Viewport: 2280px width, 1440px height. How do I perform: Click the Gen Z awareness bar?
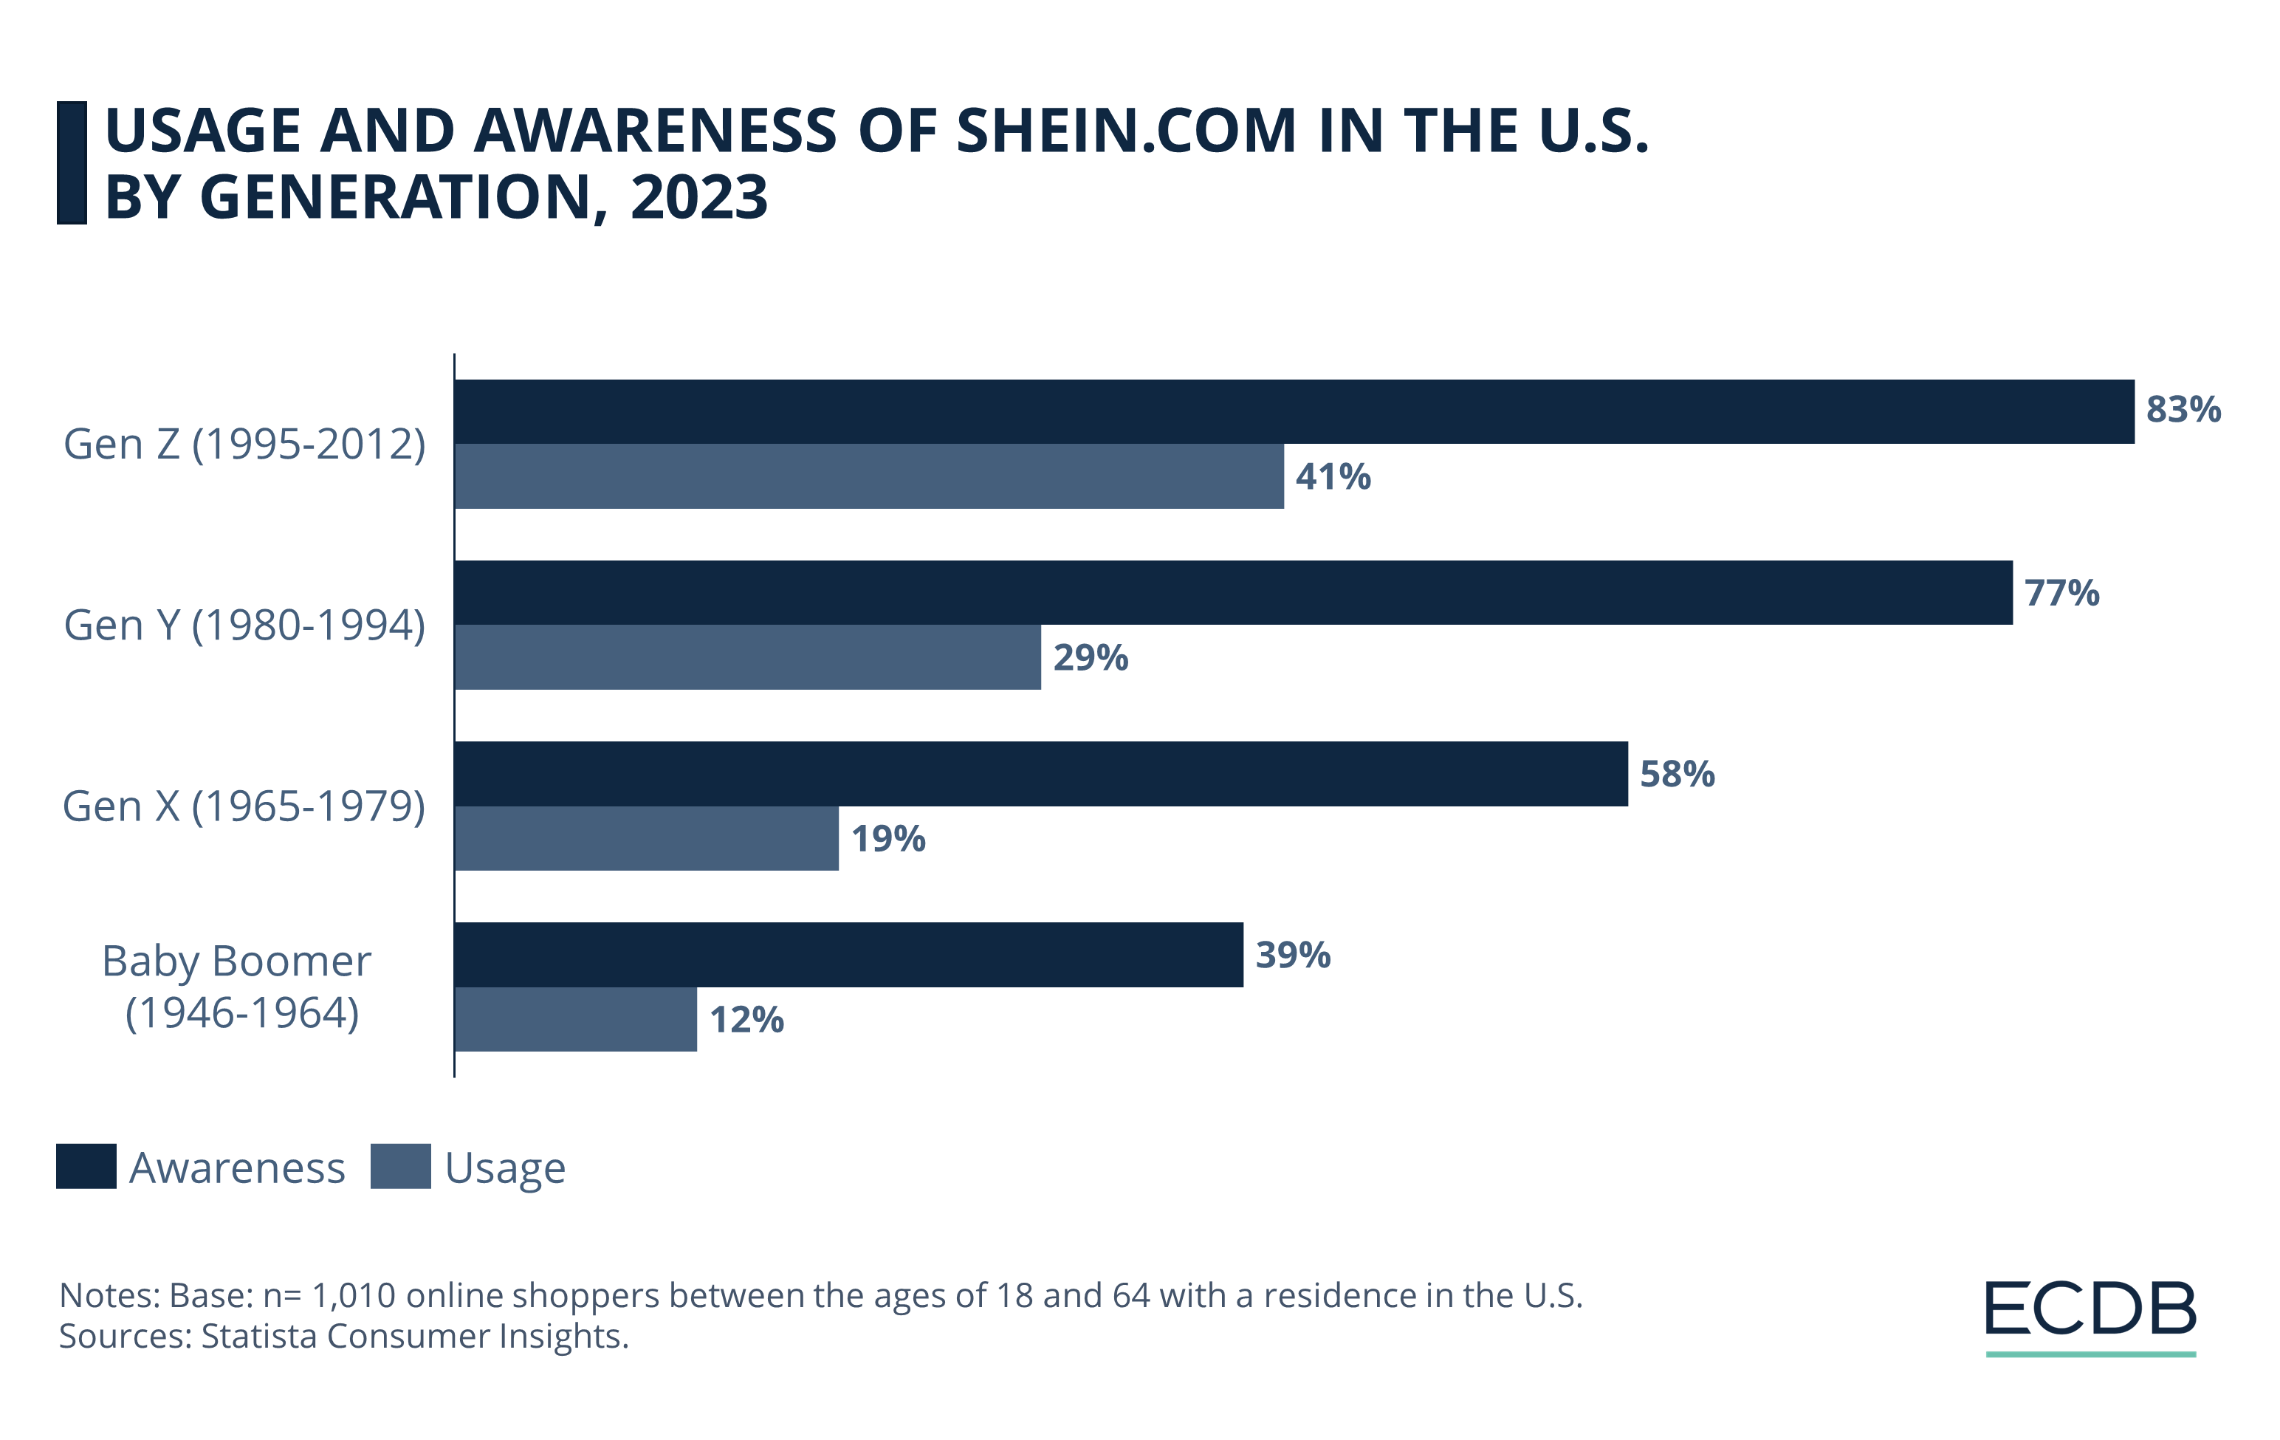pyautogui.click(x=1294, y=412)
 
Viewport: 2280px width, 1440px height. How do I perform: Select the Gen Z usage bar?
pyautogui.click(x=868, y=476)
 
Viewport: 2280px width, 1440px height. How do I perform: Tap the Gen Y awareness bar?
pyautogui.click(x=1233, y=593)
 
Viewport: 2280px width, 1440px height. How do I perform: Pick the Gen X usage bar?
pyautogui.click(x=646, y=839)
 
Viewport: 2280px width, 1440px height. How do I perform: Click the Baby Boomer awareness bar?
pyautogui.click(x=848, y=954)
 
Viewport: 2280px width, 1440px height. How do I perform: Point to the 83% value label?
pyautogui.click(x=2183, y=410)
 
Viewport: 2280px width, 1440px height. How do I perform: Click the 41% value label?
pyautogui.click(x=1332, y=477)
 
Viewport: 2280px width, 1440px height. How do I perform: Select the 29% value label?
pyautogui.click(x=1090, y=658)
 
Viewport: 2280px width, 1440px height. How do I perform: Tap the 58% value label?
pyautogui.click(x=1676, y=775)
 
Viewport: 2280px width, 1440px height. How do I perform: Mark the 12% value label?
pyautogui.click(x=746, y=1021)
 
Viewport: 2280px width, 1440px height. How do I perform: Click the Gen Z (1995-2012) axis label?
pyautogui.click(x=244, y=444)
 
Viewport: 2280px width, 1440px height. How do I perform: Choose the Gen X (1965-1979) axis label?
pyautogui.click(x=244, y=806)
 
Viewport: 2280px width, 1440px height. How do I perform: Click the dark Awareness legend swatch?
pyautogui.click(x=86, y=1166)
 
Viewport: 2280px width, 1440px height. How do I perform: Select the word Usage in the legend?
pyautogui.click(x=505, y=1168)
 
